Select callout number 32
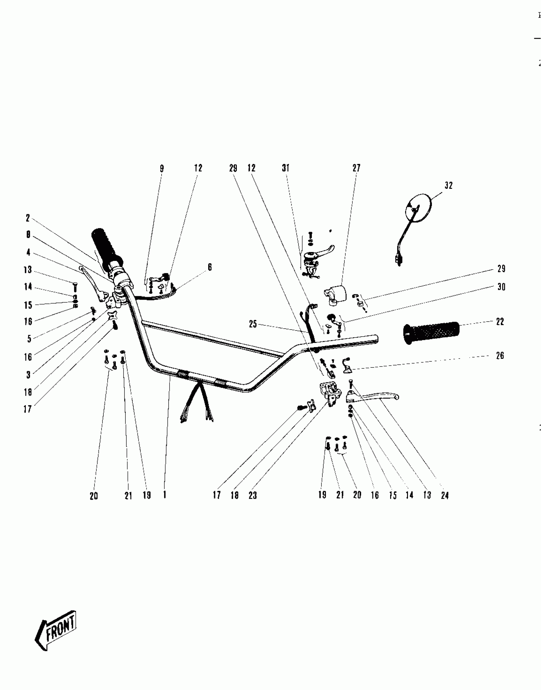pos(448,185)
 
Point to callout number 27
pos(356,168)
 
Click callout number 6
pos(210,267)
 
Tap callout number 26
pos(500,355)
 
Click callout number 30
pos(501,287)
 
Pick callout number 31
pos(285,168)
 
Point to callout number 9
pos(162,168)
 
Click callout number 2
pos(28,218)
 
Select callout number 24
pos(445,495)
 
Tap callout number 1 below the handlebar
pos(165,495)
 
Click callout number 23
pos(253,495)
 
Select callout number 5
pos(29,339)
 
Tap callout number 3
pos(28,375)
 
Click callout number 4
pos(28,253)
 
